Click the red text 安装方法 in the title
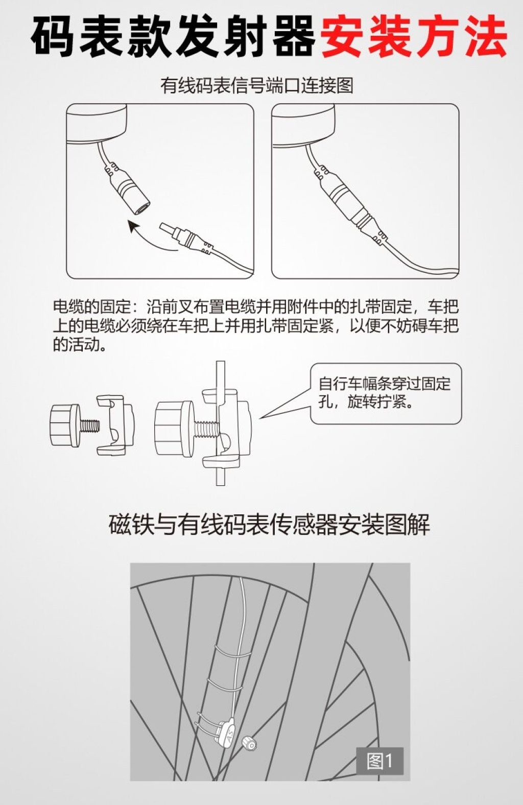(x=414, y=37)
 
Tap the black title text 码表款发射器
(x=173, y=37)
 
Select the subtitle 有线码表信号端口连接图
(x=256, y=86)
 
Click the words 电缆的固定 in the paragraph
(x=91, y=306)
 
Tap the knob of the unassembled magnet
(x=65, y=425)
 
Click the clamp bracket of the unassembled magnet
(x=115, y=425)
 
